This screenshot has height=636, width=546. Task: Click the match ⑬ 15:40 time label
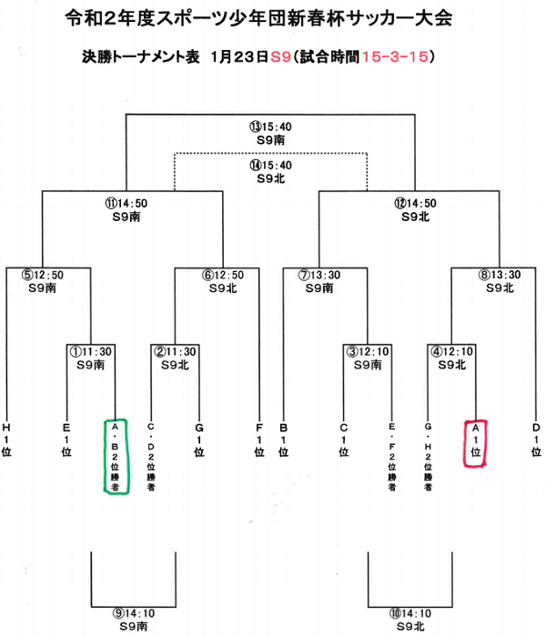point(270,127)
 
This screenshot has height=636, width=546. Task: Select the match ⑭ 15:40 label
point(270,166)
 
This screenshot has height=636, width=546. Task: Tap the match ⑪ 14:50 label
point(126,203)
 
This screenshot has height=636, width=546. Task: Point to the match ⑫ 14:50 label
point(415,203)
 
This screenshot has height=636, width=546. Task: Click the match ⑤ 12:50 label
point(43,275)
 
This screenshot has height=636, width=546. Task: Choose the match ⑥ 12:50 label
point(223,275)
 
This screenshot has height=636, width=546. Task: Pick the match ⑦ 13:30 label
point(319,275)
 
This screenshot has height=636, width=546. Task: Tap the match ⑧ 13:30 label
point(500,275)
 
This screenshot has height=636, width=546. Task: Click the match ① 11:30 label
point(90,352)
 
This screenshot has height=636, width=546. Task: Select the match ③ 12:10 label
point(368,352)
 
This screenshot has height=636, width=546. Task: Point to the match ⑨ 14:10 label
point(134,613)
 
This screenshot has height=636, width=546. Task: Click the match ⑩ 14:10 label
point(410,613)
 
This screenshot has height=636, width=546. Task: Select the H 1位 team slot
point(6,439)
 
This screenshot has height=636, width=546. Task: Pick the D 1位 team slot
point(536,439)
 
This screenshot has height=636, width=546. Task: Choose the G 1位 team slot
point(198,439)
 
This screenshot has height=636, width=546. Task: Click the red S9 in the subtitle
point(280,56)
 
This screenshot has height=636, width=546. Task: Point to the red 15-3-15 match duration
point(395,56)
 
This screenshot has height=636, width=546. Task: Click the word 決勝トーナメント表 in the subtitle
point(141,56)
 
